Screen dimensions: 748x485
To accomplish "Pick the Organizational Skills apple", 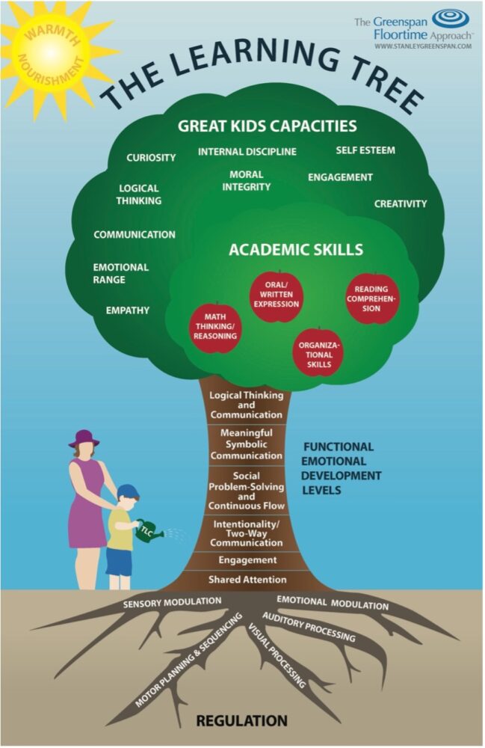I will pyautogui.click(x=319, y=352).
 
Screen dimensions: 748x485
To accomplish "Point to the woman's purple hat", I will pyautogui.click(x=83, y=438).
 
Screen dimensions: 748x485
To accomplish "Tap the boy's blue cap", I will pyautogui.click(x=128, y=491).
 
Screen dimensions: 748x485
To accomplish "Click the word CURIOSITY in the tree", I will pyautogui.click(x=151, y=158).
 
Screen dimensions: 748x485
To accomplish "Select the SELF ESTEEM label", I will pyautogui.click(x=365, y=150).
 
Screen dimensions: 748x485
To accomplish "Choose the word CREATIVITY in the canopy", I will pyautogui.click(x=401, y=203).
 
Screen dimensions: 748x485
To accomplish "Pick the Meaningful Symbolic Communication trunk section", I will pyautogui.click(x=246, y=444).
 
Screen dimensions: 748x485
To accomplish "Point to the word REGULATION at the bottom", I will pyautogui.click(x=241, y=721).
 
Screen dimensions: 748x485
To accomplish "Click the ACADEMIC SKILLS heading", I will pyautogui.click(x=296, y=250).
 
